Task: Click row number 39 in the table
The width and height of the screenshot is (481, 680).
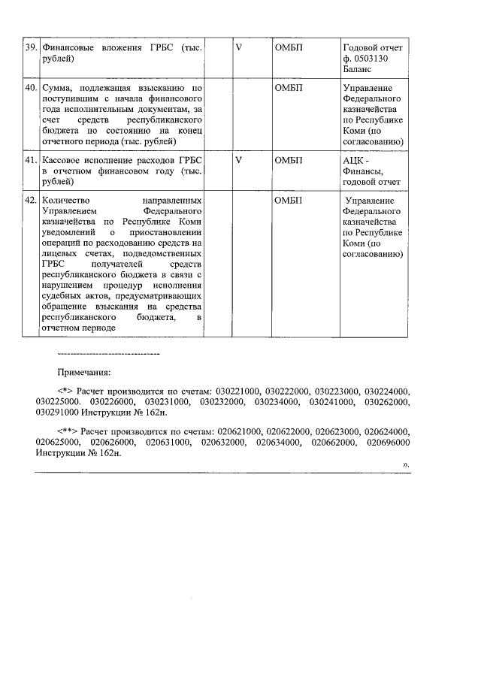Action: [31, 47]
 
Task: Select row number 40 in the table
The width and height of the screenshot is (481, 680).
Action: [31, 88]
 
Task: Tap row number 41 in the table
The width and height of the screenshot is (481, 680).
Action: [31, 161]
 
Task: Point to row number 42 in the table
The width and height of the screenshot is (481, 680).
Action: [31, 201]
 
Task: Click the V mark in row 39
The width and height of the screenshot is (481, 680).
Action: [238, 47]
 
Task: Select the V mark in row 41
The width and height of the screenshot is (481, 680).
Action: [238, 161]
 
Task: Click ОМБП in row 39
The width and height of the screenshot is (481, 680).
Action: [289, 47]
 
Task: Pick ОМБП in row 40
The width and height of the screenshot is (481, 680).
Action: [289, 88]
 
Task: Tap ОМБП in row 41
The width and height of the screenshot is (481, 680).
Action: [289, 161]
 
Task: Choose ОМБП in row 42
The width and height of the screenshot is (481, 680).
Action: [289, 201]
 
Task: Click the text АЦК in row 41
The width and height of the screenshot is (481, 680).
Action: [355, 161]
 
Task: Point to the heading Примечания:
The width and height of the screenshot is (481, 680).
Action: [84, 372]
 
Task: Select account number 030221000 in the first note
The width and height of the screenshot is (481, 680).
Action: [237, 391]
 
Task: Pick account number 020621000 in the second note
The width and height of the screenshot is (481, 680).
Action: [239, 432]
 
